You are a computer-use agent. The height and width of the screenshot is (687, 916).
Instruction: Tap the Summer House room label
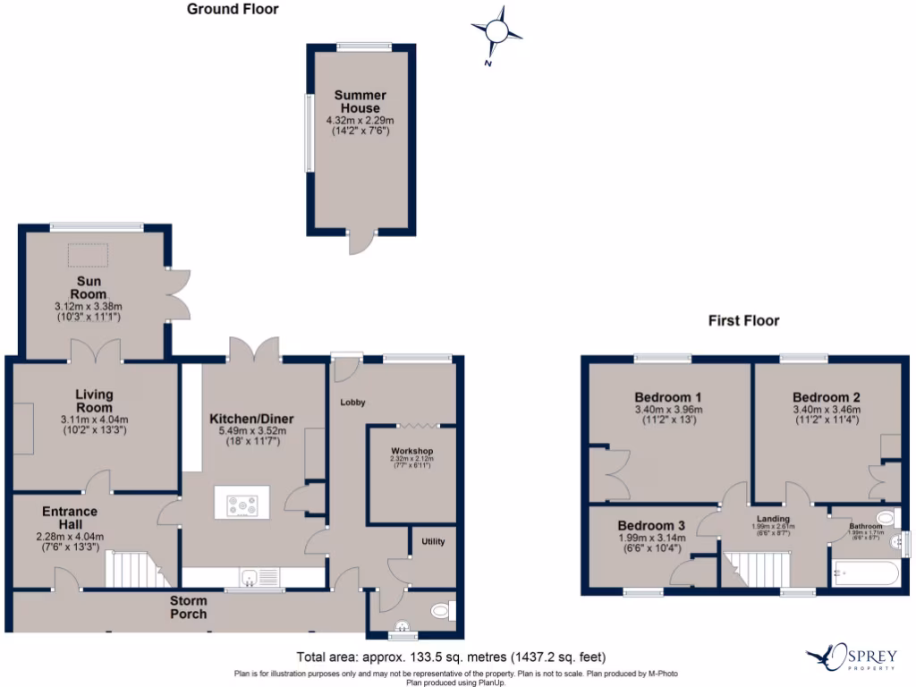coord(360,101)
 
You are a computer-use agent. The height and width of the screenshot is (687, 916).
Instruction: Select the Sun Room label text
coord(89,288)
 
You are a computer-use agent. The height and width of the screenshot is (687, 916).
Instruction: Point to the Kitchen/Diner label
coord(251,419)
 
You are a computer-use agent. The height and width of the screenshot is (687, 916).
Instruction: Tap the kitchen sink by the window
coord(254,577)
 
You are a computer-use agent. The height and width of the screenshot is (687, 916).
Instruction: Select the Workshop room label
coord(412,450)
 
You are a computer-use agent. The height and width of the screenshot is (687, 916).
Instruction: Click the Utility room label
coord(433,541)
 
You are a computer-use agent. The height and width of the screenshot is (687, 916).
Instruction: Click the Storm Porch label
coord(189,607)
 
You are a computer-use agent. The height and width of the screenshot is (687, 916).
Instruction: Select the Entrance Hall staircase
coord(131,569)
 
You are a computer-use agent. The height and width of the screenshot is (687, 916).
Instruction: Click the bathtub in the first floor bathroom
coord(865,573)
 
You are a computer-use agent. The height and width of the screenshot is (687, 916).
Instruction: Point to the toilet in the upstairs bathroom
coord(886,517)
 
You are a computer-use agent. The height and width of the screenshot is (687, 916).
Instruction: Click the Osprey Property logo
coord(852,658)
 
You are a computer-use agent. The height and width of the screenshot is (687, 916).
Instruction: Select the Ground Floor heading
coord(233,10)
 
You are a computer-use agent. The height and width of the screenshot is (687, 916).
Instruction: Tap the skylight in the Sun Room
coord(87,258)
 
